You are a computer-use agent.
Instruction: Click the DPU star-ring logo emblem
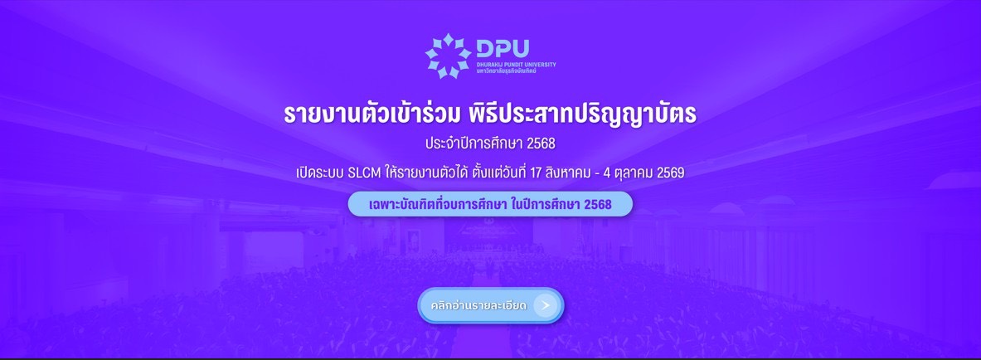tap(447, 56)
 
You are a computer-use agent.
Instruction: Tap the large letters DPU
tap(503, 49)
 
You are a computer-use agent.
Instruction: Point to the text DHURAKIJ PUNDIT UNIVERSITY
tap(516, 65)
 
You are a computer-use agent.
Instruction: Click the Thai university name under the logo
tap(506, 71)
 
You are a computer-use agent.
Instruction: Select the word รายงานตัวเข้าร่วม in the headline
tap(372, 114)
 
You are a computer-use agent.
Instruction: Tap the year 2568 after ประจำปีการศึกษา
tap(541, 144)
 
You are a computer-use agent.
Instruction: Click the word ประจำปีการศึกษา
tap(474, 144)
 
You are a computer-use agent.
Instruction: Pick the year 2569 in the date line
tap(671, 173)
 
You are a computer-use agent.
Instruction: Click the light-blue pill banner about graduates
tap(490, 204)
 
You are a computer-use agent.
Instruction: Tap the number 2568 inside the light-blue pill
tap(597, 204)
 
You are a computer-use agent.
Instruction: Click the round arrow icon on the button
tap(546, 305)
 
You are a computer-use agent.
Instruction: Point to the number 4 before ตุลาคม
tap(603, 173)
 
